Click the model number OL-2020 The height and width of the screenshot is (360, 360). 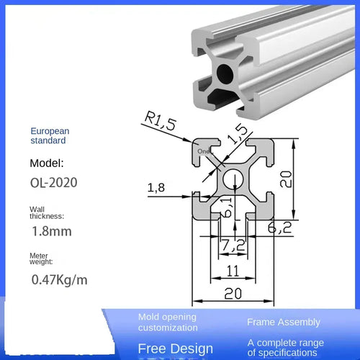(x=53, y=183)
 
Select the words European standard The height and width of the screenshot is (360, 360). (x=50, y=137)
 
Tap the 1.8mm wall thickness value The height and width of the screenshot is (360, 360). (x=53, y=232)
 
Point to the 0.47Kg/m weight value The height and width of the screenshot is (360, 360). (x=58, y=279)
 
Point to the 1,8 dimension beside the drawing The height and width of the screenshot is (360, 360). (x=157, y=188)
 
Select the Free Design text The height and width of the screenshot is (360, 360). (x=171, y=348)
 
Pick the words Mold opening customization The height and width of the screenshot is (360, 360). (x=168, y=322)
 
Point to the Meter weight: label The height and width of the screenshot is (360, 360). (x=43, y=260)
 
